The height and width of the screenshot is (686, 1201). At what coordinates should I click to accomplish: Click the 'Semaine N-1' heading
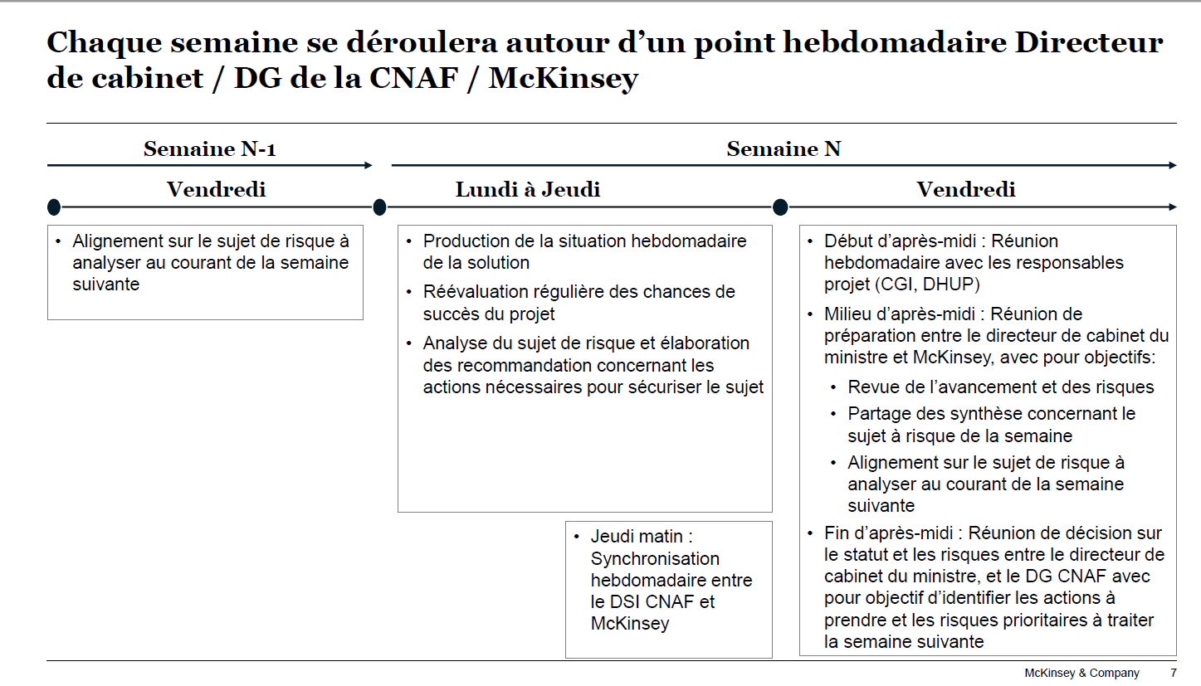pos(209,149)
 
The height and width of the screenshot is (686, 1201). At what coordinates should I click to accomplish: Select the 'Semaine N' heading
pos(784,149)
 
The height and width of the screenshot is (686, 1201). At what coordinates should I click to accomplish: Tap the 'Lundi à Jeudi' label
pos(527,190)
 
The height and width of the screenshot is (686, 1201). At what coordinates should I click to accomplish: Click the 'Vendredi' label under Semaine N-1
pos(216,190)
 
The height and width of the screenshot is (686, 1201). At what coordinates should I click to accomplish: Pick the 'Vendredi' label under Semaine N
pos(965,190)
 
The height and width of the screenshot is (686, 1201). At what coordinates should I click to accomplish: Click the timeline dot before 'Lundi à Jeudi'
pos(379,207)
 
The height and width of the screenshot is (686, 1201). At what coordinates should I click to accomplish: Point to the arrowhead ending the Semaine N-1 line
pos(368,166)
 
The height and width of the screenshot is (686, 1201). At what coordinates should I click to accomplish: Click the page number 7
pos(1173,673)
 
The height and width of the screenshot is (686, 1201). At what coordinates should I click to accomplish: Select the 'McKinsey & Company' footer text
pos(1081,673)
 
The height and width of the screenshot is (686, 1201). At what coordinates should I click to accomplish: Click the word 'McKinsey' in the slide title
pos(564,79)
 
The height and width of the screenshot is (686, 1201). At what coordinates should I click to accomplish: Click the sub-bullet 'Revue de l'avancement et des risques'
pos(1000,387)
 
